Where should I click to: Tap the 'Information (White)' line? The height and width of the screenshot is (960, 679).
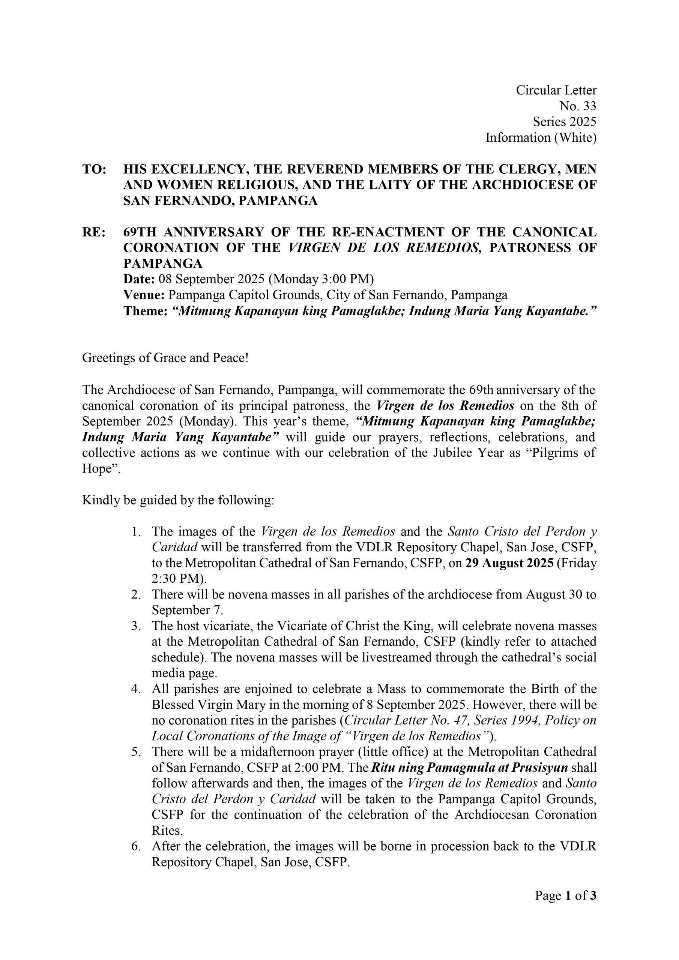click(541, 138)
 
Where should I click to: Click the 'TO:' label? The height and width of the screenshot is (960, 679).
click(94, 169)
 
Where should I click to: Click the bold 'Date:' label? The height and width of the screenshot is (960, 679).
click(139, 279)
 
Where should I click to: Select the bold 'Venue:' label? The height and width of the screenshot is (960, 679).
click(144, 295)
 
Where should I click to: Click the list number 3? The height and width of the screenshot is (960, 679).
click(135, 626)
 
